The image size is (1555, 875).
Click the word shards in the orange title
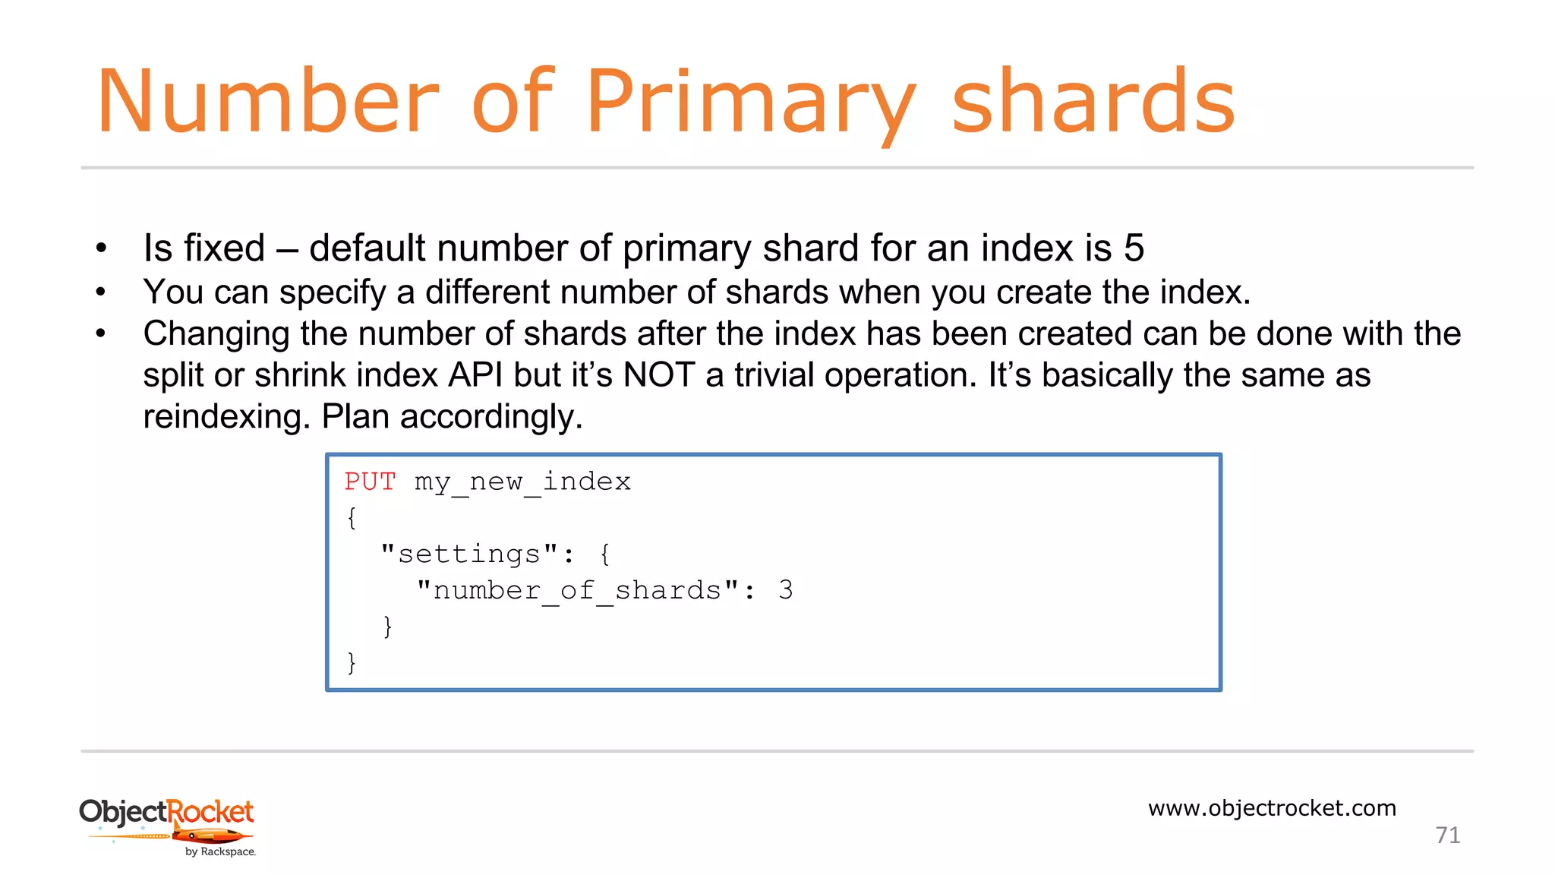(1093, 103)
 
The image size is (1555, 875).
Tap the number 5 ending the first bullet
(1134, 248)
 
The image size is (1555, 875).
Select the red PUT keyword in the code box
(370, 482)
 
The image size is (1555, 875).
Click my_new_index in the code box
(522, 482)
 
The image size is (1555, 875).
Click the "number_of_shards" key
(577, 590)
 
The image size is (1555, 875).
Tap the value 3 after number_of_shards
(786, 590)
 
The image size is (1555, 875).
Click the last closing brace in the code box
(351, 662)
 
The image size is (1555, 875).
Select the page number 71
(1447, 836)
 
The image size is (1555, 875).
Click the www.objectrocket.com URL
(1272, 808)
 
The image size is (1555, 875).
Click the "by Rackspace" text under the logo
(220, 852)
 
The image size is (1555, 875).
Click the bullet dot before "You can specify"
(101, 292)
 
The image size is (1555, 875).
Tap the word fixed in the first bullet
(224, 248)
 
